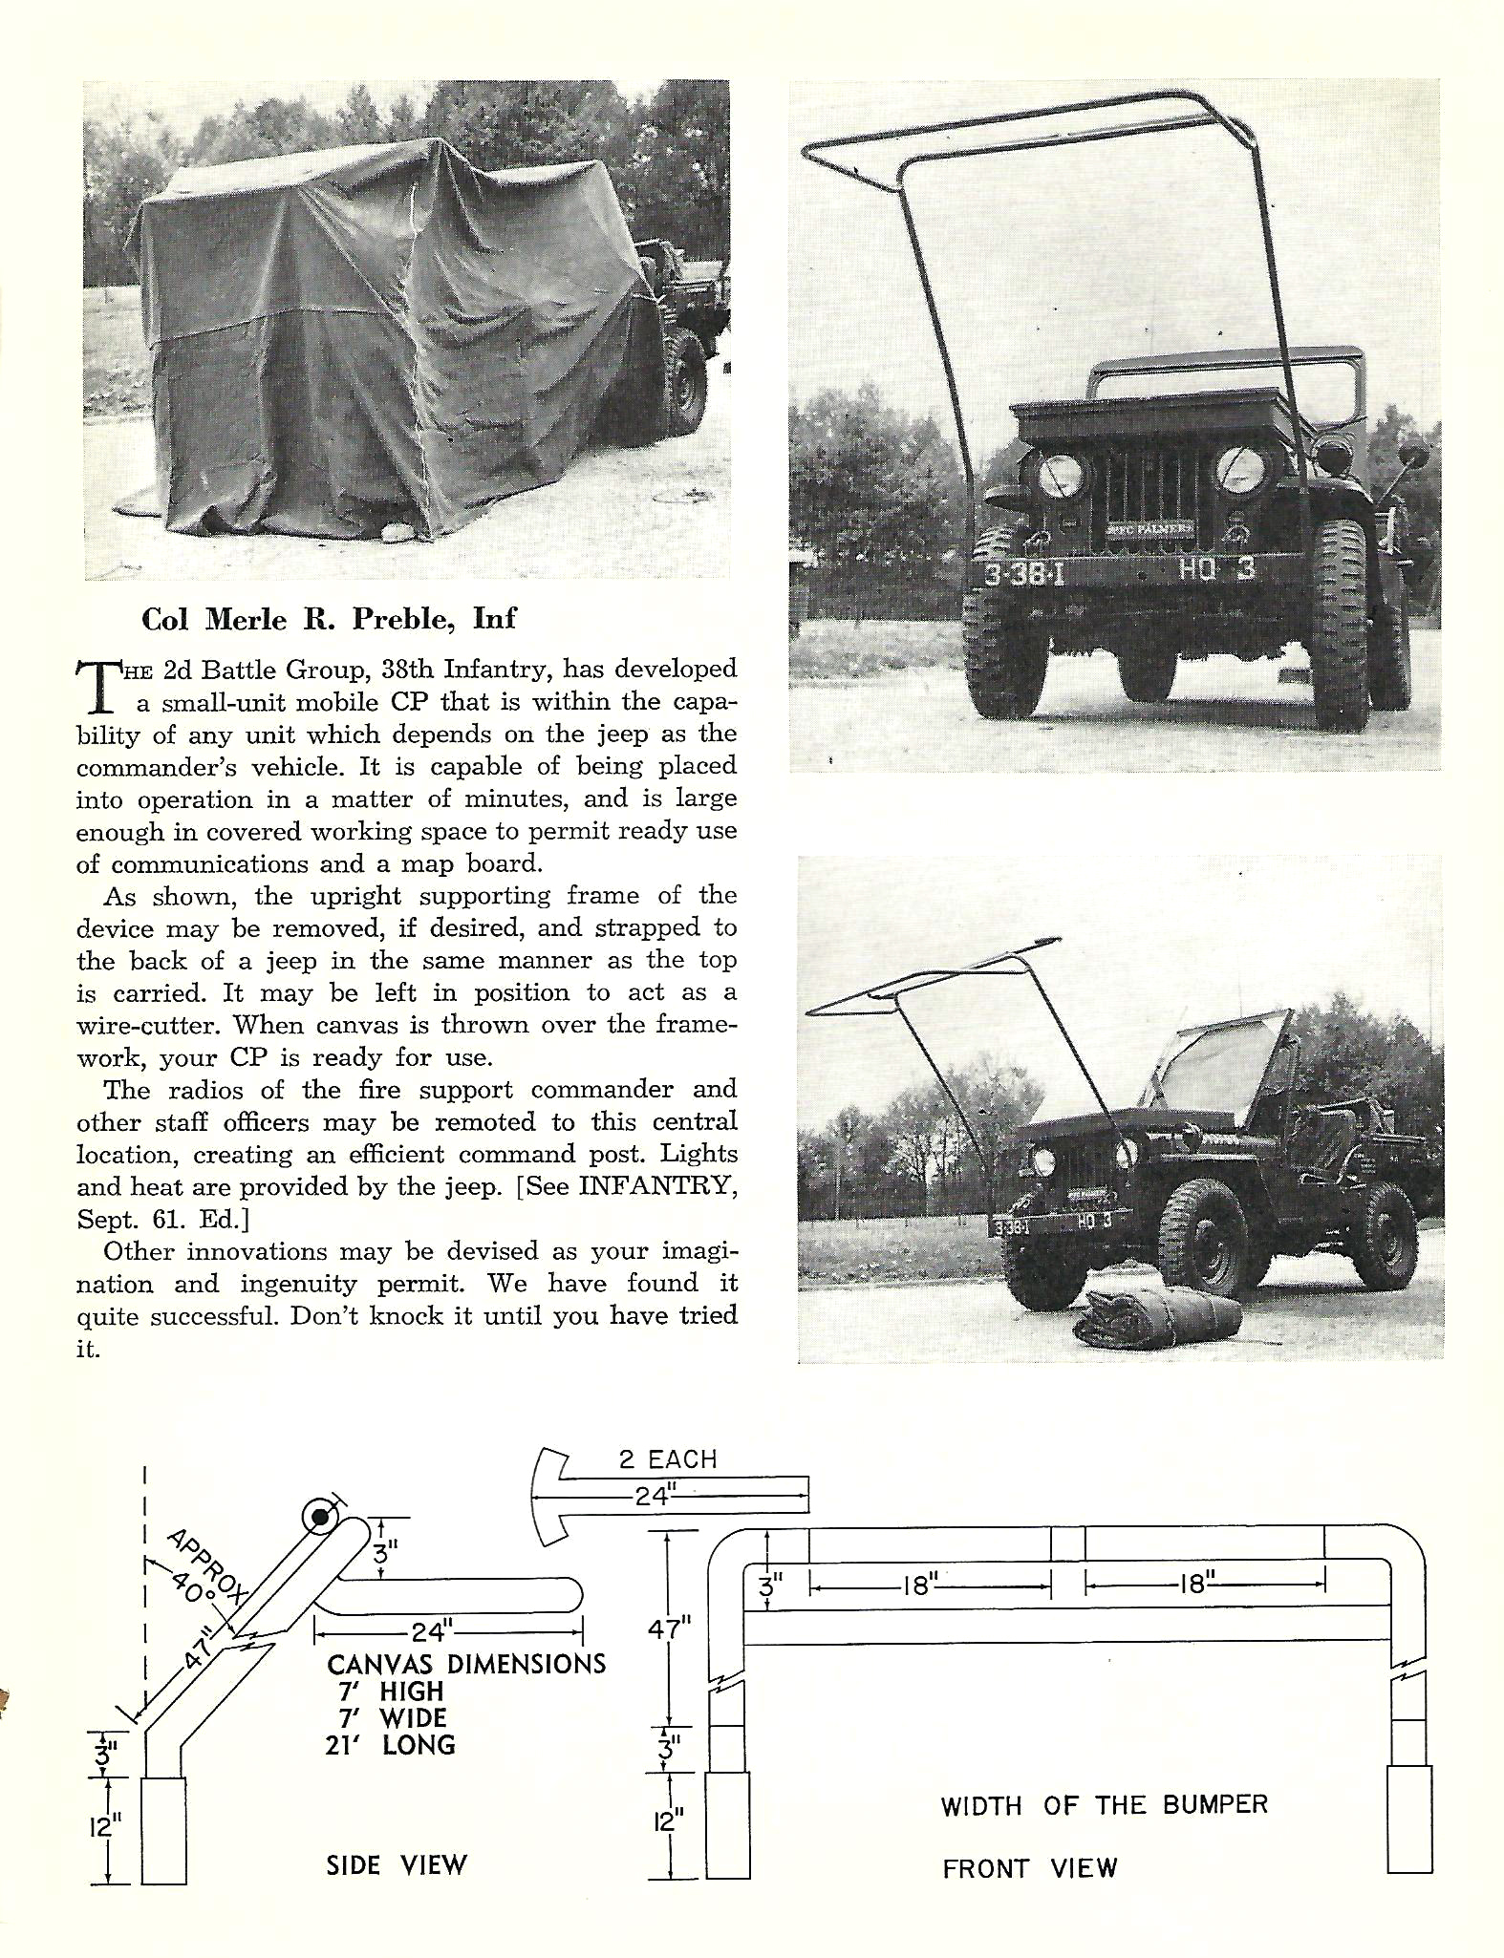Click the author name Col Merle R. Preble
[329, 619]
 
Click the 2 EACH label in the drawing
[667, 1459]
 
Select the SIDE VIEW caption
[396, 1865]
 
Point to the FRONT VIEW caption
[1029, 1868]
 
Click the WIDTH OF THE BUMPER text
[1105, 1805]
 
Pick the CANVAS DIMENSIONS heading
[465, 1665]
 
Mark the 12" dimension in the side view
[106, 1825]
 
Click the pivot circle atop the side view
[319, 1517]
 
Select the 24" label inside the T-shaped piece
[652, 1495]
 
